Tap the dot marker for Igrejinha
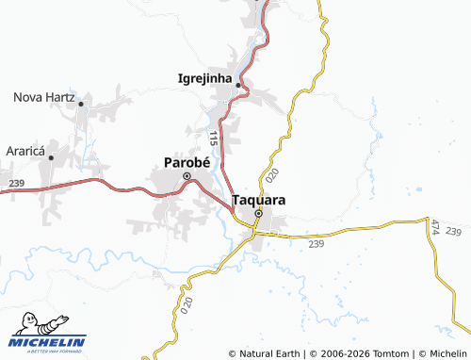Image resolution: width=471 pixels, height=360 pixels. coord(238,85)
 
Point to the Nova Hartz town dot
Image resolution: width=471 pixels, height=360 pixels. coord(82,104)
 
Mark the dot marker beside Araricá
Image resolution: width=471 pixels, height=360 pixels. coord(52,155)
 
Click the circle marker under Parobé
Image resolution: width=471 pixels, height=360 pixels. coord(187,176)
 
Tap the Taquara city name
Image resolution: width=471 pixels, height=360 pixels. coord(258,201)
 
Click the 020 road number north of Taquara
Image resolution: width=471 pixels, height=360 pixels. coord(272,174)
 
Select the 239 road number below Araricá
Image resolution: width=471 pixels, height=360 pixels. coord(15,183)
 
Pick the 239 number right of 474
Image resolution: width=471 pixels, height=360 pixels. coord(455,232)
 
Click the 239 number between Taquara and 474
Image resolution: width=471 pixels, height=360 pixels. coord(316,244)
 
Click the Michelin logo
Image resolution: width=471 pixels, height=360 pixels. coord(47,344)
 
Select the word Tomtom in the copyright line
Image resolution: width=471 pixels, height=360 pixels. coord(387,353)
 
